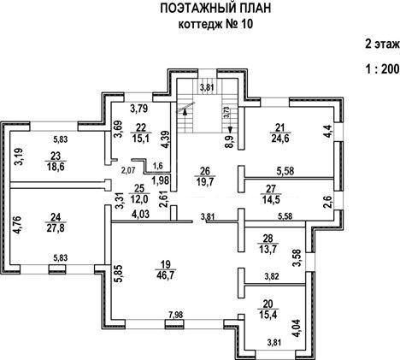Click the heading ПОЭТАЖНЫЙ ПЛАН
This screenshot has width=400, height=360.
215,9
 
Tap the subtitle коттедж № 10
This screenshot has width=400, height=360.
215,24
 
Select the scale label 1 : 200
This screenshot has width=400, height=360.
383,69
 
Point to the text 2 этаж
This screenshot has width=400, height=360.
383,44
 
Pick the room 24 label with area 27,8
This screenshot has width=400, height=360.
56,222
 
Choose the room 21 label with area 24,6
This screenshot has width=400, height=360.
280,133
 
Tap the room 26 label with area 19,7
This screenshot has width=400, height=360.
205,176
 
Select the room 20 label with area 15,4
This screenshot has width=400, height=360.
268,310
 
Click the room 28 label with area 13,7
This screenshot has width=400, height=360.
268,244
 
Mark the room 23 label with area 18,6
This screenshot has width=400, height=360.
56,161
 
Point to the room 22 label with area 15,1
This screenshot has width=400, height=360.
141,133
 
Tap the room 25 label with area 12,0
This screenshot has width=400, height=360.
139,193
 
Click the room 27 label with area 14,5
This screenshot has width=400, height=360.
271,194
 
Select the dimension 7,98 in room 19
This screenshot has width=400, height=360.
175,315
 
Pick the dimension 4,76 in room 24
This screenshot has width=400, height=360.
18,226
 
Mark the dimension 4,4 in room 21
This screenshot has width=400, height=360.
328,132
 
